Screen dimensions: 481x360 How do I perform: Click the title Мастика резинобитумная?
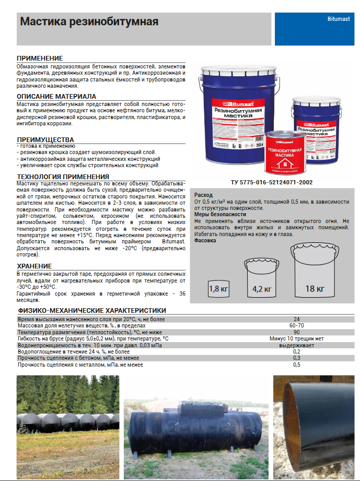(89, 22)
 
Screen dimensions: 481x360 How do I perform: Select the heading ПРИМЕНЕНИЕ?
(40, 58)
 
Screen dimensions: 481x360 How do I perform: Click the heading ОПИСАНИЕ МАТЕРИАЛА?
(56, 97)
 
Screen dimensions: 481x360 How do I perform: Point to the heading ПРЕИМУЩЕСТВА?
(45, 139)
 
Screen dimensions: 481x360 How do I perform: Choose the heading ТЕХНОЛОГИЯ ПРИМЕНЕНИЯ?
(63, 177)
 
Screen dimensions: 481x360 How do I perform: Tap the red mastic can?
(285, 151)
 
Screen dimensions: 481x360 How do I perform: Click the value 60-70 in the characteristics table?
(296, 325)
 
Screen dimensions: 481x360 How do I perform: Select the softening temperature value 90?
(296, 332)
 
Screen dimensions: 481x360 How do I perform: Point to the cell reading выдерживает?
(296, 345)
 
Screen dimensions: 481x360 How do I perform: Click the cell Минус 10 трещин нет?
(296, 338)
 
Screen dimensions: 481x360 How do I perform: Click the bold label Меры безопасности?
(219, 214)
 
